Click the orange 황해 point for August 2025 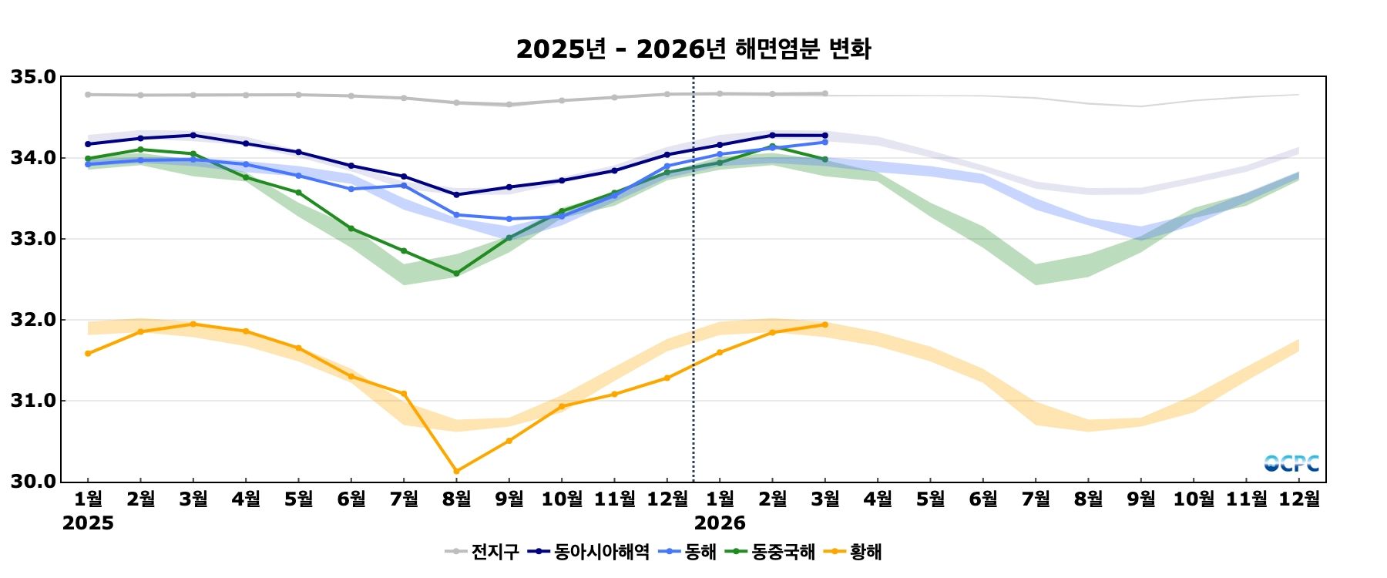(x=456, y=471)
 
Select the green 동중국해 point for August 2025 (x=456, y=274)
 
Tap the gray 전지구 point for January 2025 (x=88, y=95)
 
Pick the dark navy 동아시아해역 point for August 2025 (x=456, y=195)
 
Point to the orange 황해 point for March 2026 (x=825, y=324)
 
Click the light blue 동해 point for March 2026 (x=825, y=142)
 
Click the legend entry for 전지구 (x=482, y=552)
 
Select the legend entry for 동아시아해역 (x=589, y=552)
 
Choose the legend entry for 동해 (x=689, y=552)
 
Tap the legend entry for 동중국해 (x=771, y=552)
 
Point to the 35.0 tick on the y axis (x=33, y=77)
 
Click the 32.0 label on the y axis (x=33, y=320)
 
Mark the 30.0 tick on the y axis (x=33, y=482)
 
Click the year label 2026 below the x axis (x=720, y=523)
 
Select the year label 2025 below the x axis (x=88, y=523)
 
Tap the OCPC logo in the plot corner (x=1291, y=463)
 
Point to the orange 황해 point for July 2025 (x=403, y=394)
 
